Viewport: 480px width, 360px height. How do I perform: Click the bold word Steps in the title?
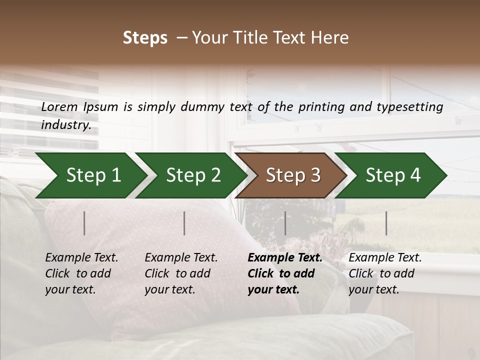[145, 37]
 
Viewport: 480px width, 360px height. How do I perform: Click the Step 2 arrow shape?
[190, 175]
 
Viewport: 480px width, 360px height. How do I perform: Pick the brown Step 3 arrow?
[290, 175]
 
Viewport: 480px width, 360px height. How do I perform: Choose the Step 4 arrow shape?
[390, 175]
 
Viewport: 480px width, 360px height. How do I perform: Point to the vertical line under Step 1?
[84, 223]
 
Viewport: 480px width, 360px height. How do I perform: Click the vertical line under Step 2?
[184, 223]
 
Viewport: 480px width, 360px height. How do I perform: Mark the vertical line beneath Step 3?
[285, 223]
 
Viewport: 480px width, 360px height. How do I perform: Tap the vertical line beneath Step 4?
[386, 223]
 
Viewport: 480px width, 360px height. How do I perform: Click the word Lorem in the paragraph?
[59, 106]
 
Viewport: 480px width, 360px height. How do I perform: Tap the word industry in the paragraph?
[66, 125]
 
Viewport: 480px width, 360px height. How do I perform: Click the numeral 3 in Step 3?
[315, 175]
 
